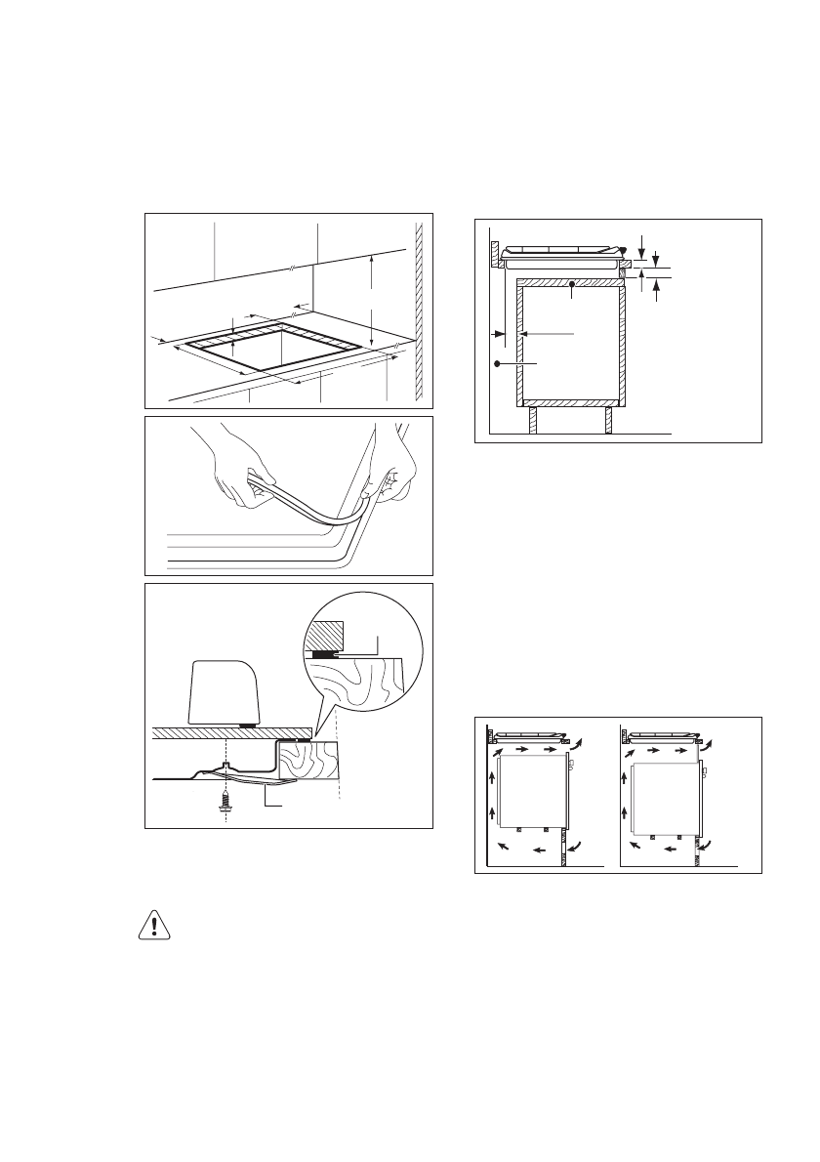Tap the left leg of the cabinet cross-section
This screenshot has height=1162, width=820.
click(x=533, y=420)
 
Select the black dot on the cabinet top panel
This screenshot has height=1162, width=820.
click(x=573, y=284)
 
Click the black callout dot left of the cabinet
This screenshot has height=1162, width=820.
click(x=498, y=363)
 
